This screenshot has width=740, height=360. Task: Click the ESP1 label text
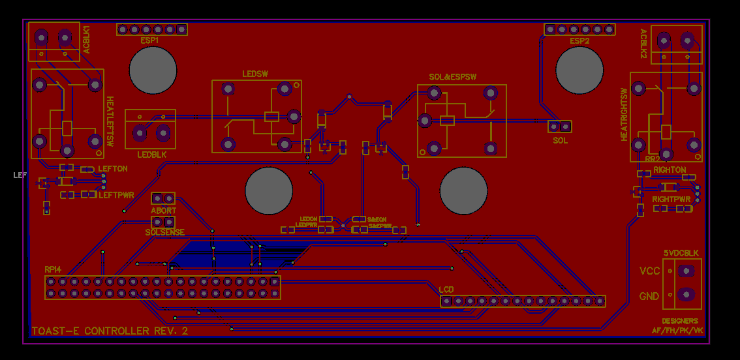(149, 40)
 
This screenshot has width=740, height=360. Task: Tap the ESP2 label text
(579, 41)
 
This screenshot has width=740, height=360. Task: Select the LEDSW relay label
(255, 74)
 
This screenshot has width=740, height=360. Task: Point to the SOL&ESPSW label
(452, 77)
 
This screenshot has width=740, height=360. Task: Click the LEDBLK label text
(152, 155)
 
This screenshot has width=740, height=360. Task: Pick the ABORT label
(163, 211)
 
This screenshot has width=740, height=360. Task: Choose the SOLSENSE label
(164, 232)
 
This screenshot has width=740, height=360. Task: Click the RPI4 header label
(54, 269)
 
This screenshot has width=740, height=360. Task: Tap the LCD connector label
(446, 289)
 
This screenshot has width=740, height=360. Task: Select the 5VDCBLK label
(681, 252)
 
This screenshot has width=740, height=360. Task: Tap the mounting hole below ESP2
(579, 70)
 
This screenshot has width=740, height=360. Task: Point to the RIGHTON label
(670, 170)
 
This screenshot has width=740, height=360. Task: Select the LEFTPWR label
(116, 194)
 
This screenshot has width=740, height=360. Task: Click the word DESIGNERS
(679, 321)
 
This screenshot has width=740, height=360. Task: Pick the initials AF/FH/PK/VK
(677, 331)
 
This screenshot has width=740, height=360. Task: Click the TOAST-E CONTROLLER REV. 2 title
(110, 331)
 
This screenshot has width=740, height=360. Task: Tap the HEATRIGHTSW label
(624, 114)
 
